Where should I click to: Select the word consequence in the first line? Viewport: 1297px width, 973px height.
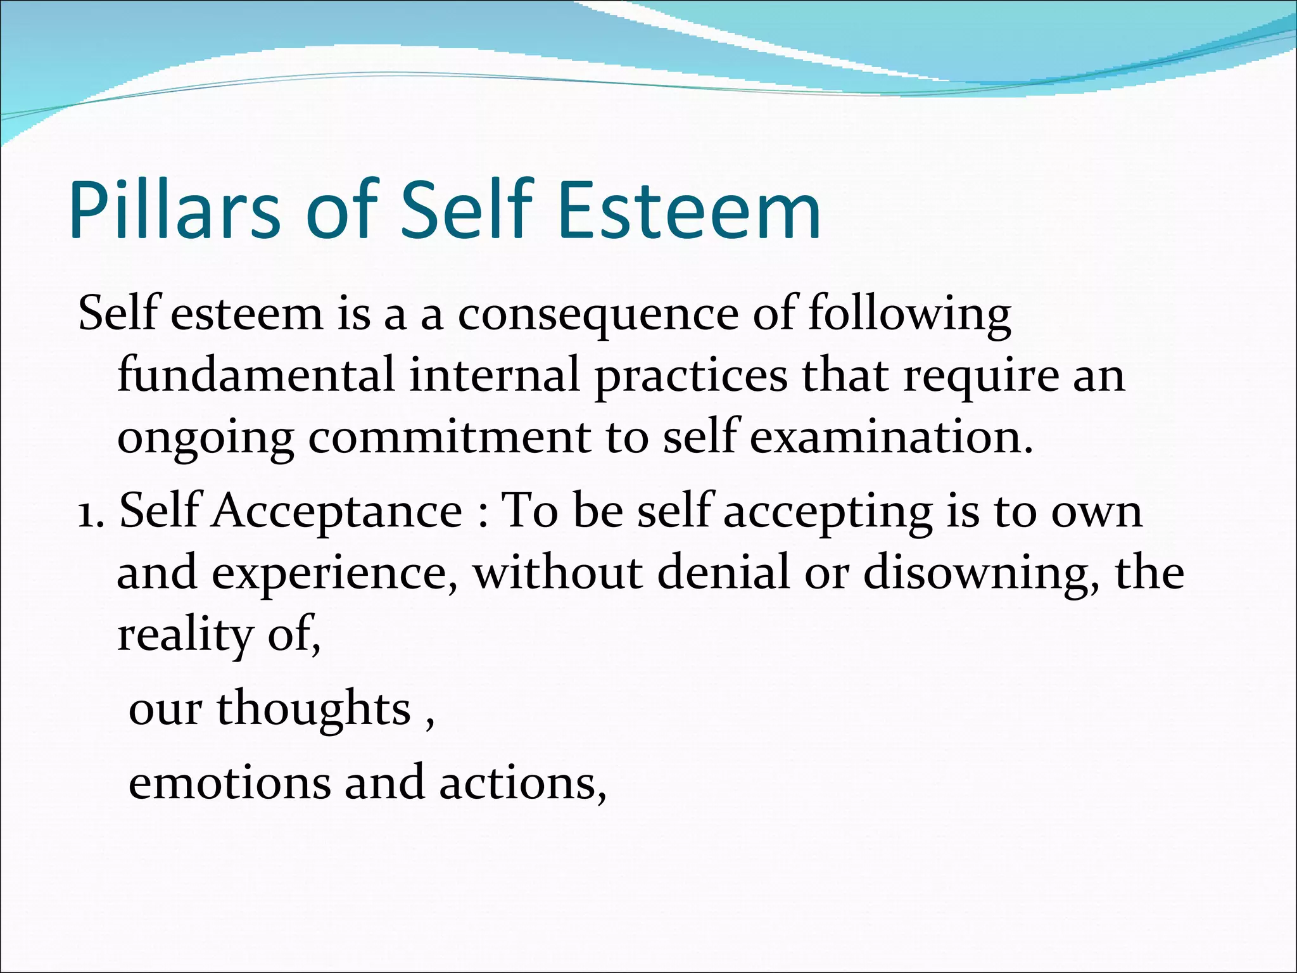598,314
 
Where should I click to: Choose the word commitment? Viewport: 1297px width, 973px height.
449,438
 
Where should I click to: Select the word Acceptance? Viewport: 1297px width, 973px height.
337,512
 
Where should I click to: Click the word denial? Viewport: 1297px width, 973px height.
723,571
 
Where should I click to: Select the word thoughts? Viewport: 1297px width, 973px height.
313,709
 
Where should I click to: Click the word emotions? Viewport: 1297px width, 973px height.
229,783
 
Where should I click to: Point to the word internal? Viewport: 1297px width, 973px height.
495,375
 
